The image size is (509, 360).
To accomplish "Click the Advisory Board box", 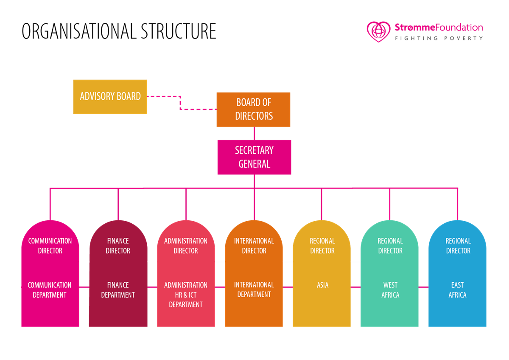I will (x=110, y=96).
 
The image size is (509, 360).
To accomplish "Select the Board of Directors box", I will (x=253, y=110).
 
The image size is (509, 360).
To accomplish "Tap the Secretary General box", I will (x=254, y=157).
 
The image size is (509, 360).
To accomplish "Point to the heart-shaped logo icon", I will (x=378, y=31).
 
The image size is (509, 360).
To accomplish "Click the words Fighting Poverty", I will (x=439, y=38).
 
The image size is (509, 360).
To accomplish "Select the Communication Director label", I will (x=50, y=246).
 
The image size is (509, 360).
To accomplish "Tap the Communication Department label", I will (x=50, y=290).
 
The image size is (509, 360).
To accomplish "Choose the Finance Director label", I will (x=118, y=246).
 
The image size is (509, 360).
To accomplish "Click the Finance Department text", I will (x=118, y=290).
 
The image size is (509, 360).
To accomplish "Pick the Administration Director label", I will (x=186, y=246).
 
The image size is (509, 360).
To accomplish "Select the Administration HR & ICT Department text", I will (x=186, y=295).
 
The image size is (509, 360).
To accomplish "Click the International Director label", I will (x=254, y=246).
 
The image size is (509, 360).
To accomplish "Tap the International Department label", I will (x=254, y=290).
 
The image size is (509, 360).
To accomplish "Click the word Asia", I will (x=322, y=285).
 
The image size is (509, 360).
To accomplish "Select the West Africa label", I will (x=390, y=290).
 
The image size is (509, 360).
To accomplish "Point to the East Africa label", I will (x=457, y=290).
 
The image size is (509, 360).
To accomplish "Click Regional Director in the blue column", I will (x=458, y=246).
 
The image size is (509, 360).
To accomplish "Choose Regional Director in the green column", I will (x=390, y=246).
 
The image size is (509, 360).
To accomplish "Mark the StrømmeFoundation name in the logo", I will (x=439, y=28).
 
